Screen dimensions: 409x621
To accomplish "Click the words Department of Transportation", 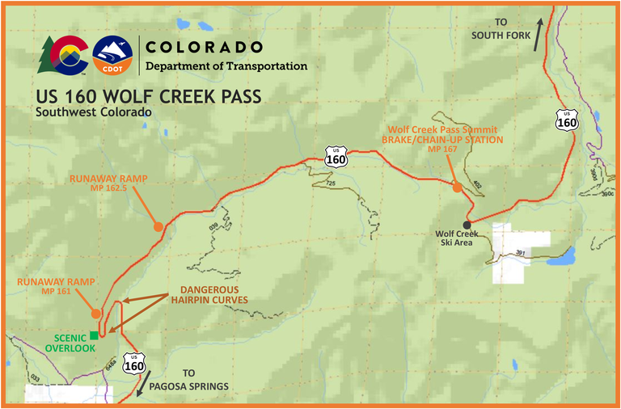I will point(226,65).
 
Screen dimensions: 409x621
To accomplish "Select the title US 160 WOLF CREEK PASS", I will point(148,97).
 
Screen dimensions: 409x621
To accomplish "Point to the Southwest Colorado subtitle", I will point(93,112).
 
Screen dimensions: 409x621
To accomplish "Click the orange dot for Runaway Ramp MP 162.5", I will point(158,226).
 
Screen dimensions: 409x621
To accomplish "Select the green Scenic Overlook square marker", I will point(95,335).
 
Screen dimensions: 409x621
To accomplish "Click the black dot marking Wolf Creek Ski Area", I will point(467,225).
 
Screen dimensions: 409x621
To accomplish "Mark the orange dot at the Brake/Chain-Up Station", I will point(457,188).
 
